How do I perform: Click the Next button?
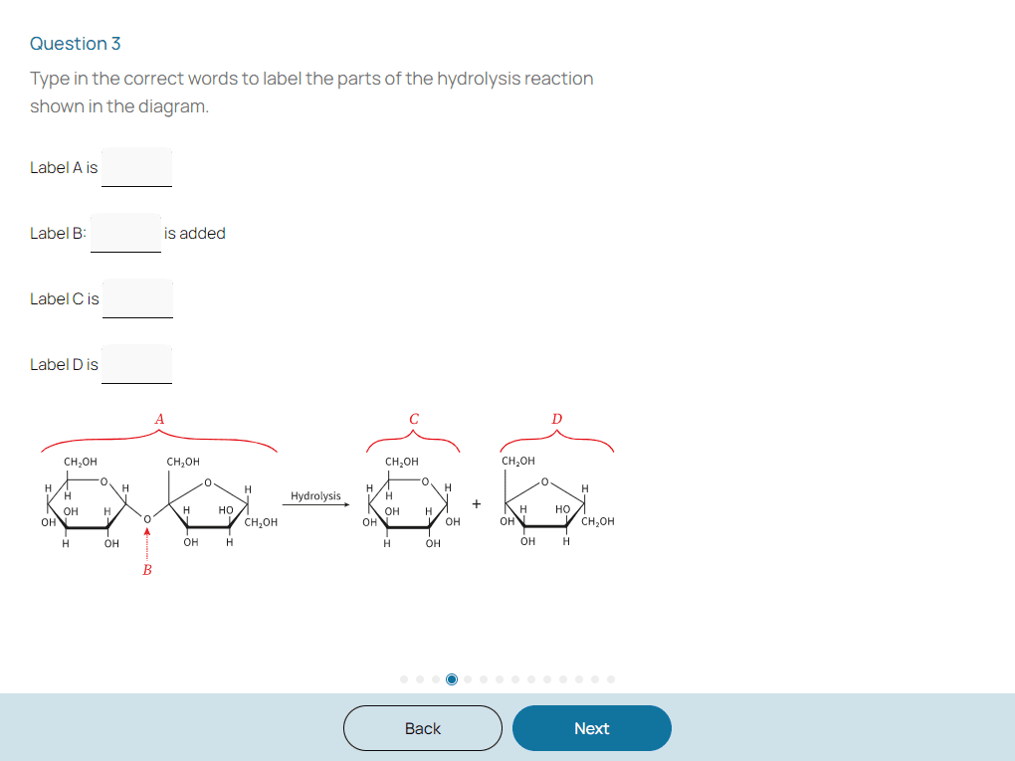tap(592, 728)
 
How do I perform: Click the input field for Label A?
tap(136, 167)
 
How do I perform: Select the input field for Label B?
tap(125, 233)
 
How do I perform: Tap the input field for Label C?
tap(138, 298)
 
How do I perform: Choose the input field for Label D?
tap(136, 364)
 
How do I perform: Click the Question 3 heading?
tap(75, 44)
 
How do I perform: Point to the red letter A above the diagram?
tap(159, 420)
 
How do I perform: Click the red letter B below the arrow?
tap(147, 570)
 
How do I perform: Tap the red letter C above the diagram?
tap(414, 420)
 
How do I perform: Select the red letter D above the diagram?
tap(556, 420)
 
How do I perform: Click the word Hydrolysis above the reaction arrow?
tap(315, 496)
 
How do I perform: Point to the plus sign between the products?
tap(477, 504)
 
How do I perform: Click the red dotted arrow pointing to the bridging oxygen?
tap(147, 544)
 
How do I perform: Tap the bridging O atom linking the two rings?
tap(147, 519)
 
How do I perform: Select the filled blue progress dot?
tap(452, 679)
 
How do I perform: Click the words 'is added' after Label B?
tap(195, 233)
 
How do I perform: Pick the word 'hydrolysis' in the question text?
tap(479, 79)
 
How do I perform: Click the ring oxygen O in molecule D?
tap(544, 481)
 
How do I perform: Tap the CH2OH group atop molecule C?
tap(402, 462)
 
